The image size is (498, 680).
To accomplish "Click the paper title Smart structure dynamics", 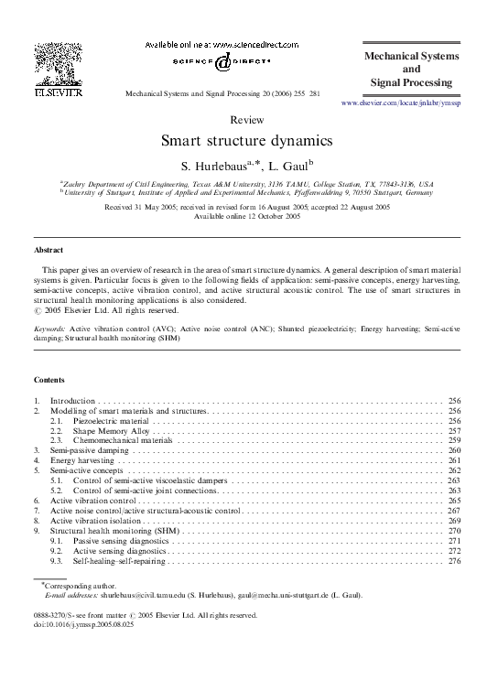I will tap(247, 141).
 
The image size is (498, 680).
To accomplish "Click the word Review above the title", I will tap(247, 120).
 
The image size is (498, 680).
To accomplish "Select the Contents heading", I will tap(49, 379).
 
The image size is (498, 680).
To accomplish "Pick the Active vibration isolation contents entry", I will tap(95, 521).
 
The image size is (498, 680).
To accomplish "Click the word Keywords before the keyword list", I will tap(49, 327).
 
